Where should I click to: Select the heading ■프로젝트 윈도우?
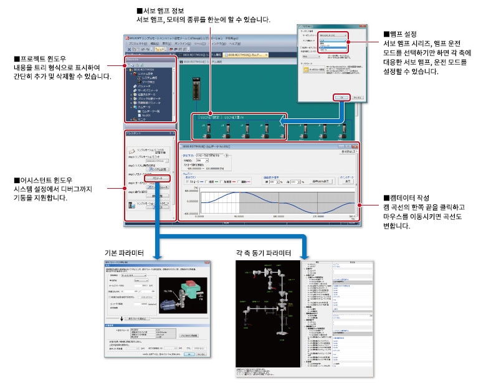click(42, 59)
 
